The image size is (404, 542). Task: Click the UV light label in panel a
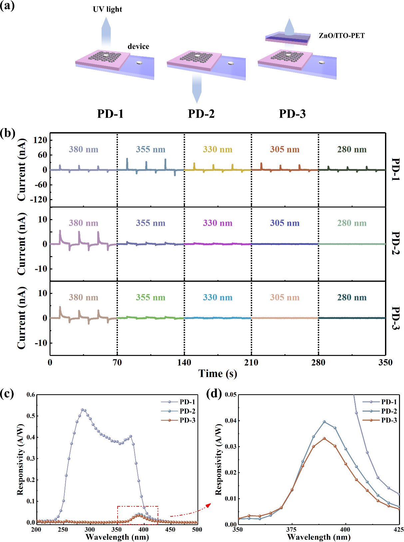[x=107, y=9]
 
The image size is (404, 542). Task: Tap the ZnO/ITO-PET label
[x=341, y=36]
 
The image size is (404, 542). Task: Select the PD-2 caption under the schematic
[x=201, y=114]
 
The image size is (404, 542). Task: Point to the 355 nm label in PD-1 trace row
[x=150, y=149]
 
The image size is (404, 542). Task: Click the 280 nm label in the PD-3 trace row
[x=352, y=297]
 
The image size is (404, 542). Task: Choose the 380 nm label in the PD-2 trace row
[x=83, y=223]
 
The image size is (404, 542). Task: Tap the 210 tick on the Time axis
[x=251, y=363]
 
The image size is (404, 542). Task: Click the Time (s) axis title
[x=217, y=374]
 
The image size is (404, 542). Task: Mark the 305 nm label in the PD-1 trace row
[x=284, y=149]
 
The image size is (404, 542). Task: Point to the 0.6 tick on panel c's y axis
[x=31, y=395]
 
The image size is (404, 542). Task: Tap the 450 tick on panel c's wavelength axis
[x=170, y=529]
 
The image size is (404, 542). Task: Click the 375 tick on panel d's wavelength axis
[x=291, y=529]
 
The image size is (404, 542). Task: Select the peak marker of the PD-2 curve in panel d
[x=324, y=422]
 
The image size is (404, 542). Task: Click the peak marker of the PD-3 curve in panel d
[x=324, y=438]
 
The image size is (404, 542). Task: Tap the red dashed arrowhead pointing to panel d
[x=208, y=505]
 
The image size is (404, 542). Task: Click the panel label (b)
[x=7, y=133]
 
